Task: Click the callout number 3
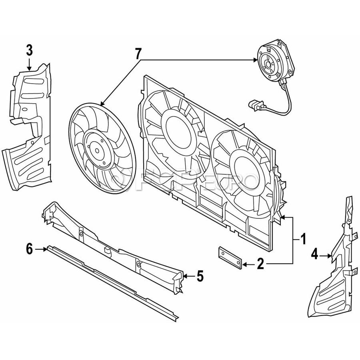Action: point(30,50)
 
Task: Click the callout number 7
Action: point(138,53)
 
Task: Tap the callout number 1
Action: point(303,240)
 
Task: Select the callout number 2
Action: point(260,264)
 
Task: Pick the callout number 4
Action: point(314,254)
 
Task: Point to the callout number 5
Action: point(200,276)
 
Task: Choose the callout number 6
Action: point(29,249)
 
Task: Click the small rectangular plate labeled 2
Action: point(230,258)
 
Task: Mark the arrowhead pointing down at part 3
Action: point(30,68)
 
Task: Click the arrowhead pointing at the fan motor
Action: point(255,60)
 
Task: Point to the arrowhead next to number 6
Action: point(44,249)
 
